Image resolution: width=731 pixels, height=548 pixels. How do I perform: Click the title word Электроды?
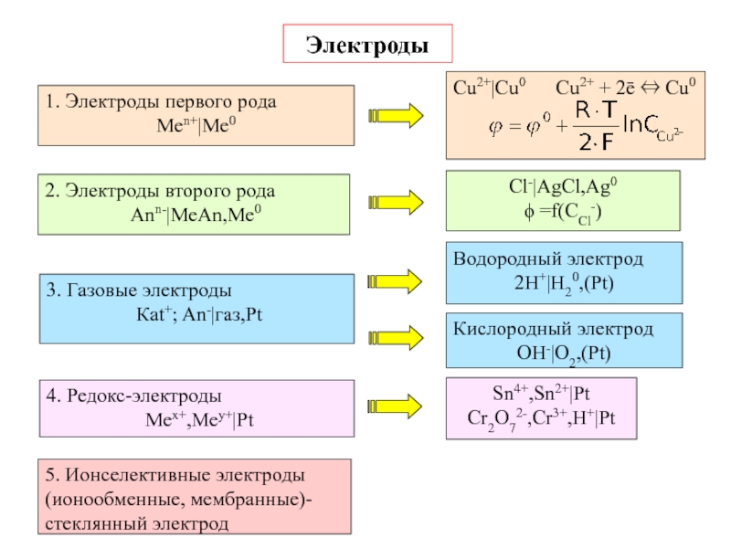(366, 44)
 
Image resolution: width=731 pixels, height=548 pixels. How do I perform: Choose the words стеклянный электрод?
(135, 524)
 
